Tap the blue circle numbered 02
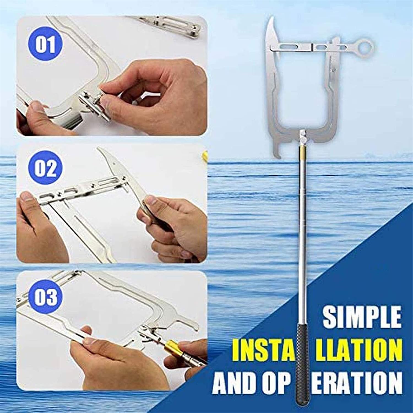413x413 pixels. click(46, 169)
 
